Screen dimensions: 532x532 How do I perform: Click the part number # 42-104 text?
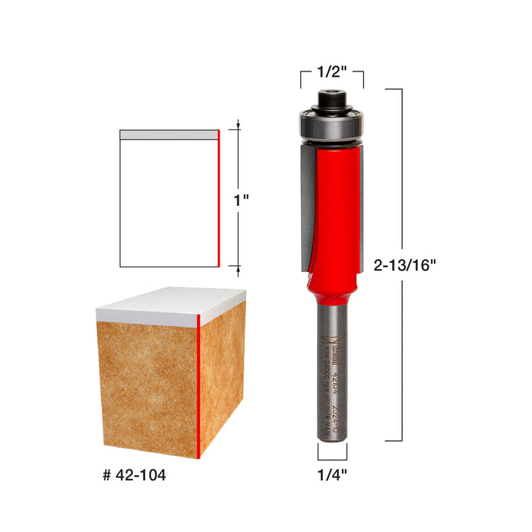pyautogui.click(x=134, y=477)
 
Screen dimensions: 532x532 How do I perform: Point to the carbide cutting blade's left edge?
pyautogui.click(x=301, y=205)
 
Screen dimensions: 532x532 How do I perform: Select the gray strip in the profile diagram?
pyautogui.click(x=169, y=135)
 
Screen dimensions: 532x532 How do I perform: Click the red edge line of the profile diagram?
pyautogui.click(x=219, y=198)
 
